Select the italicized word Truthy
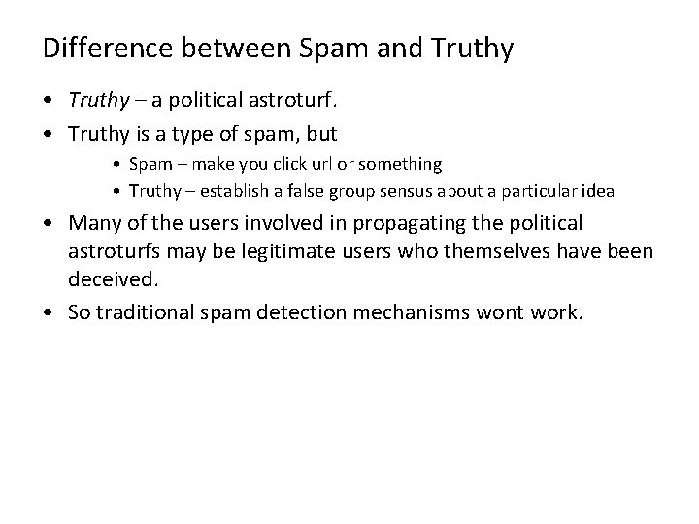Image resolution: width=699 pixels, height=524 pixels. [93, 100]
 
